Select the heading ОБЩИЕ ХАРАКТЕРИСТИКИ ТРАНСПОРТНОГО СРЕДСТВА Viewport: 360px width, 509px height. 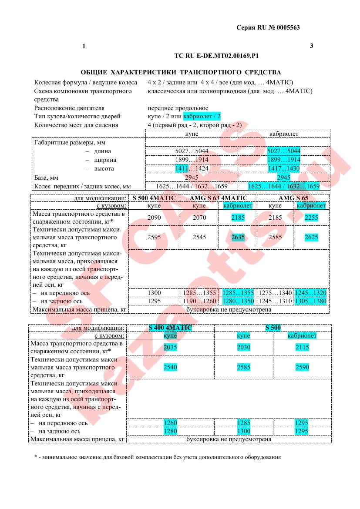coord(181,72)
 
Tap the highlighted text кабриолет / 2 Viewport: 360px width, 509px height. coord(202,116)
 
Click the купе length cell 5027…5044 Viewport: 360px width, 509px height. coord(192,151)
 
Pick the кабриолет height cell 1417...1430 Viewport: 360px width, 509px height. coord(284,168)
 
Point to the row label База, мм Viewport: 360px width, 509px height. coord(46,177)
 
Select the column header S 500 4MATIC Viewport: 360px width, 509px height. coord(154,198)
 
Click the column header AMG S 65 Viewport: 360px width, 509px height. coord(293,198)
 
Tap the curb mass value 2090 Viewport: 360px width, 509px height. coord(154,218)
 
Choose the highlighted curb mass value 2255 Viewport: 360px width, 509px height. coord(311,218)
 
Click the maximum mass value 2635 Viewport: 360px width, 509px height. coord(238,237)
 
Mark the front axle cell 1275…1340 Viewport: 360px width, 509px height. coord(275,293)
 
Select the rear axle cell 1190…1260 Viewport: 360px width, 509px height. coord(199,301)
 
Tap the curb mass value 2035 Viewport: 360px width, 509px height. coord(170,347)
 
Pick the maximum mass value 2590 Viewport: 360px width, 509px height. coord(302,367)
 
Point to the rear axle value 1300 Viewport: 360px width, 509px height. coord(244,431)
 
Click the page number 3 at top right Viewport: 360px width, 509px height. coord(311,46)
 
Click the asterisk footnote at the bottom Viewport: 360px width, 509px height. coord(158,457)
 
